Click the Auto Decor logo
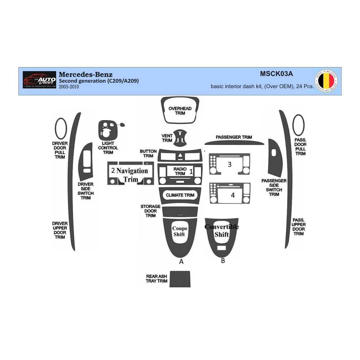[x=39, y=80]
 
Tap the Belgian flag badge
[x=326, y=81]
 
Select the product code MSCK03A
[x=276, y=74]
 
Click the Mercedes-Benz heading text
[x=86, y=74]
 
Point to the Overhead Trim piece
[x=180, y=111]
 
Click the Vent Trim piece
[x=180, y=137]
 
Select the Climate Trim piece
[x=180, y=195]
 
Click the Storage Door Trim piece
[x=180, y=212]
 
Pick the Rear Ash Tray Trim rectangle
[x=180, y=279]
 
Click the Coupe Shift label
[x=180, y=231]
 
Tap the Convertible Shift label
[x=221, y=231]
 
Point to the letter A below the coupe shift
[x=181, y=262]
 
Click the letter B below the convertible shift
[x=223, y=261]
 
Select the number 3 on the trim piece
[x=230, y=164]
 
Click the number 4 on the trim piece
[x=233, y=195]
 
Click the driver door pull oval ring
[x=61, y=129]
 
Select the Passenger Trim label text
[x=234, y=137]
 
